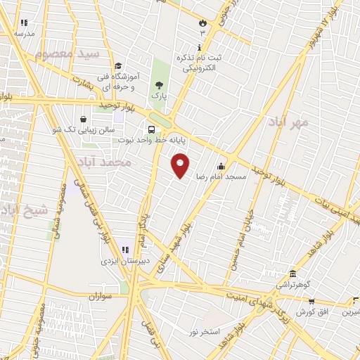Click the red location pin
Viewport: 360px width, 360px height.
(181, 165)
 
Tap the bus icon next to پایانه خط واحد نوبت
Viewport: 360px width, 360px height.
(150, 130)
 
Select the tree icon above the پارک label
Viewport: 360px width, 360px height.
(159, 84)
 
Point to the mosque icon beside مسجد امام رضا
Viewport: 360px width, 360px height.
(221, 167)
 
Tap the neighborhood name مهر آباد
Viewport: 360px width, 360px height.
(288, 122)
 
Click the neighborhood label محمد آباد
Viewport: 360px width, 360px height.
(107, 162)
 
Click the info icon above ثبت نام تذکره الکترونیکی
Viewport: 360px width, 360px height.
(199, 46)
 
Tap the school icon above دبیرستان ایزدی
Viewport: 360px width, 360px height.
(125, 250)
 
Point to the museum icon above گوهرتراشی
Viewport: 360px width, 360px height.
(292, 274)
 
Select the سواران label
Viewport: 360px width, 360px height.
(101, 297)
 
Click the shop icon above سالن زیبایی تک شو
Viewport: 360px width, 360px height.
(84, 119)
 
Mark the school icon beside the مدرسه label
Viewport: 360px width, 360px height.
(25, 23)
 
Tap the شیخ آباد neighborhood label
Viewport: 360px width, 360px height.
(25, 210)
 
